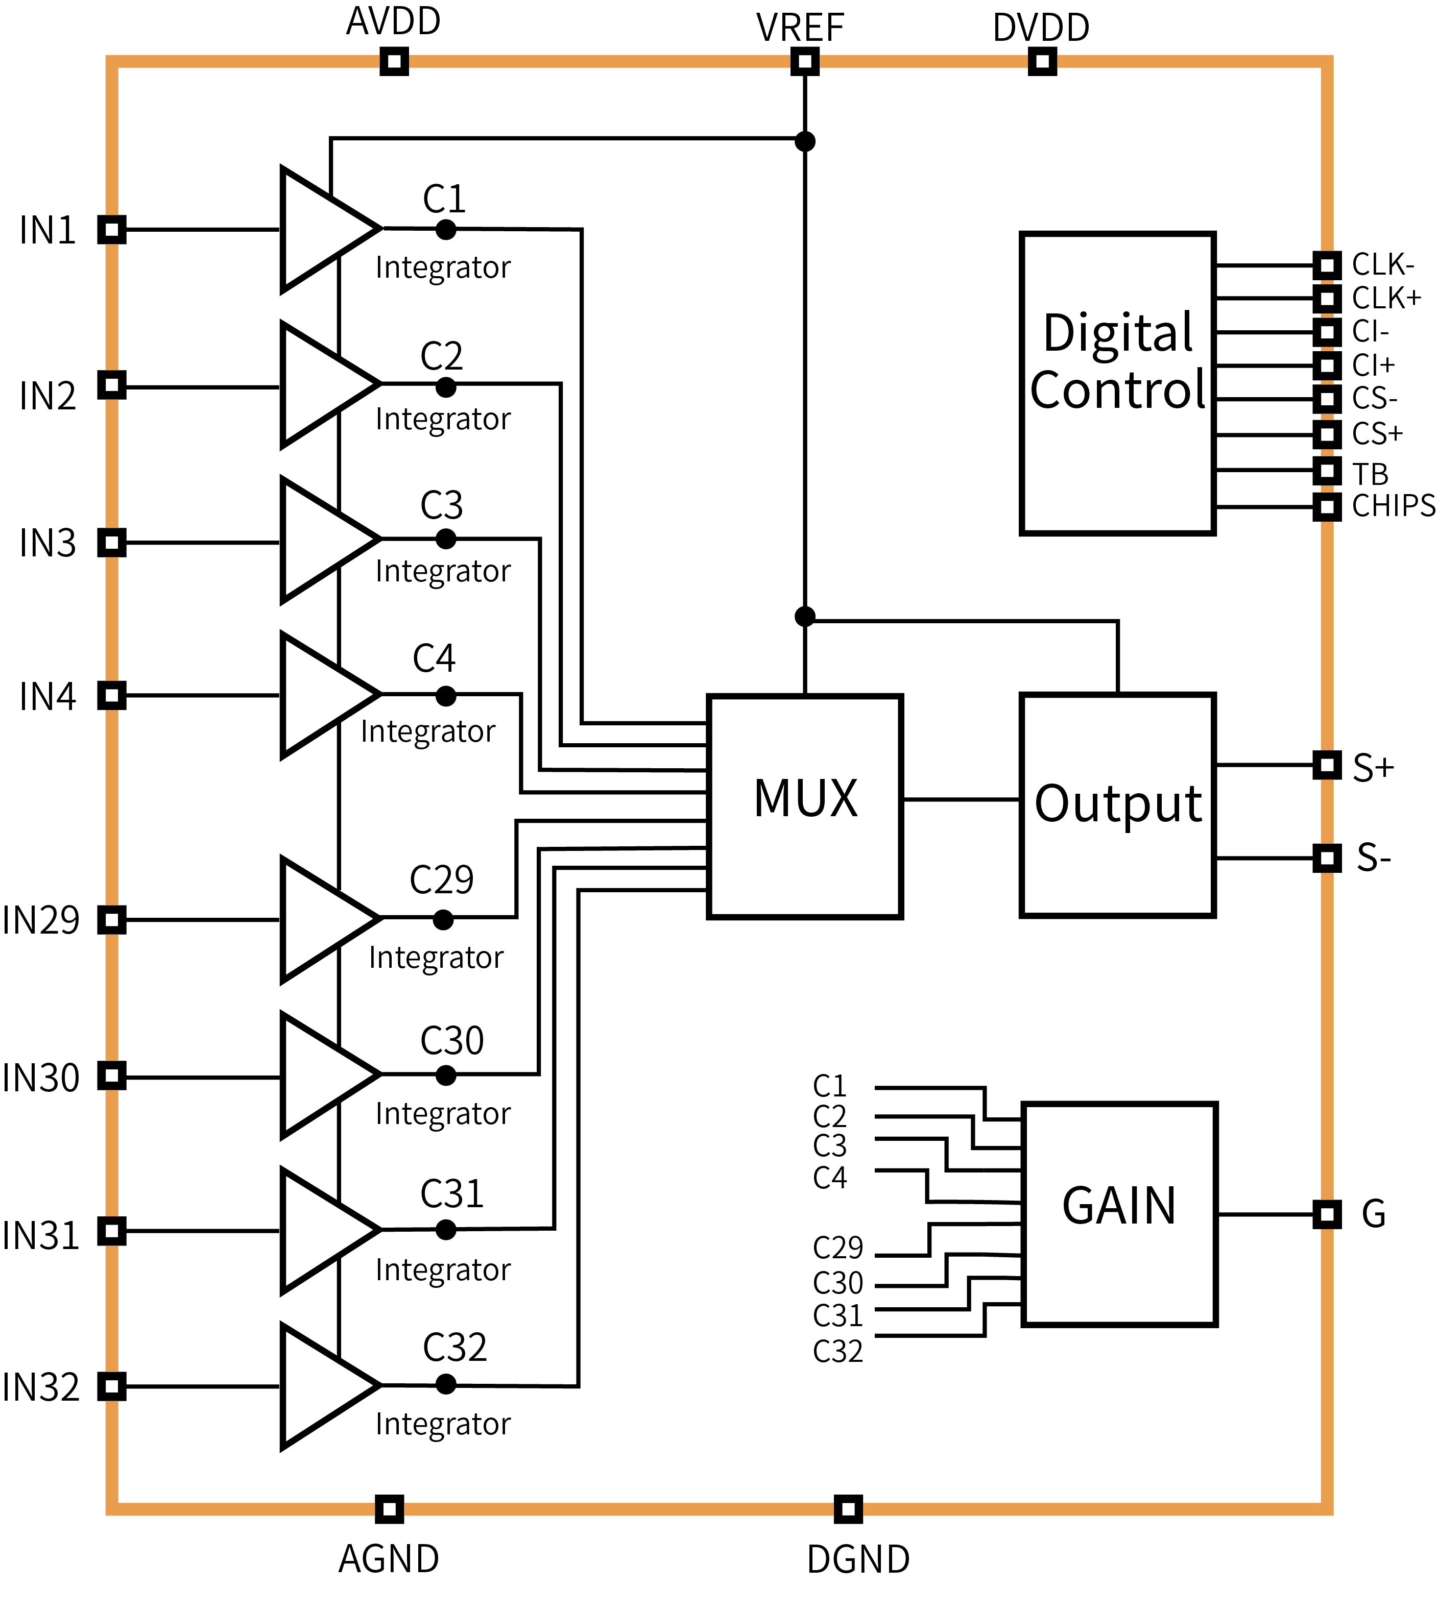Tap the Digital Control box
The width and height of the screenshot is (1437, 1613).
(x=1117, y=383)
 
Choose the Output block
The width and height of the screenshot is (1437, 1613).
(x=1117, y=805)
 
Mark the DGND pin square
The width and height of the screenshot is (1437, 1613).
(x=848, y=1509)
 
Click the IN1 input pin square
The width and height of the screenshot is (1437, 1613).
(x=111, y=230)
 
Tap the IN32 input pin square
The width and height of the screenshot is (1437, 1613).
(x=111, y=1386)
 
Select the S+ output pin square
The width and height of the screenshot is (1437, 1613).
(x=1327, y=765)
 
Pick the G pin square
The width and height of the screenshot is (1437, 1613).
(x=1327, y=1214)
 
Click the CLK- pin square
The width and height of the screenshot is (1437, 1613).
(x=1327, y=265)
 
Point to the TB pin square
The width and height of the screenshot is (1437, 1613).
(x=1327, y=471)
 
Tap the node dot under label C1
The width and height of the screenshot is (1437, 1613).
(x=446, y=230)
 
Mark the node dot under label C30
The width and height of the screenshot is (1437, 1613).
(x=446, y=1075)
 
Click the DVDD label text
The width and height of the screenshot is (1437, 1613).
(x=1041, y=29)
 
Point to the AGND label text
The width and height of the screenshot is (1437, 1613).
(x=389, y=1559)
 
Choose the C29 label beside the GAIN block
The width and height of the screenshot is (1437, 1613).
(x=837, y=1248)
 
